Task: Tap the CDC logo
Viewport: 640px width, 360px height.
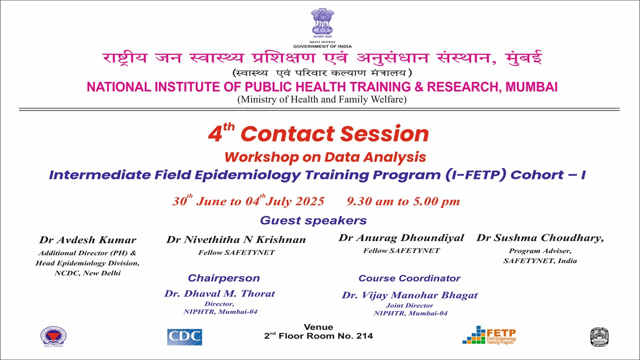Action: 184,337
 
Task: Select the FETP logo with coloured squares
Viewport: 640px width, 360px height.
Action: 489,335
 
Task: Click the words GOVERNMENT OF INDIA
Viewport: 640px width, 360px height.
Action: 322,46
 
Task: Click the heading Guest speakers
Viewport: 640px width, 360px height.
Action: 313,220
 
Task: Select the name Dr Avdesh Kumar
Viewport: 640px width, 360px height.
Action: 87,239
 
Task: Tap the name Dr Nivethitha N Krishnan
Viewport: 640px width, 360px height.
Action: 236,239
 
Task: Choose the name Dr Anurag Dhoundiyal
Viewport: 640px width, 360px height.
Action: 401,237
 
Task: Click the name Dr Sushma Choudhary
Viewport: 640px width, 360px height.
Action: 540,237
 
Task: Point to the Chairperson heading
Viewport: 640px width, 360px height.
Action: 223,278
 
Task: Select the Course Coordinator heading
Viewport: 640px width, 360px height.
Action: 409,278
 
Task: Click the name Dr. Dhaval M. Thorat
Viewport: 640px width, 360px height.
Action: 219,293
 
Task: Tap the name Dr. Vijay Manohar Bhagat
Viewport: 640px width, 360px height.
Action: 409,295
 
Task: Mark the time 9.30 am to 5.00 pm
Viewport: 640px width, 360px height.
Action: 403,201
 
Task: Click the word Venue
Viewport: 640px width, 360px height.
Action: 318,327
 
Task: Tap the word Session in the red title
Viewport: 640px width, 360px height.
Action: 384,133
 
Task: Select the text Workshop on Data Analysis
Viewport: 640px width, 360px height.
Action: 325,157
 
